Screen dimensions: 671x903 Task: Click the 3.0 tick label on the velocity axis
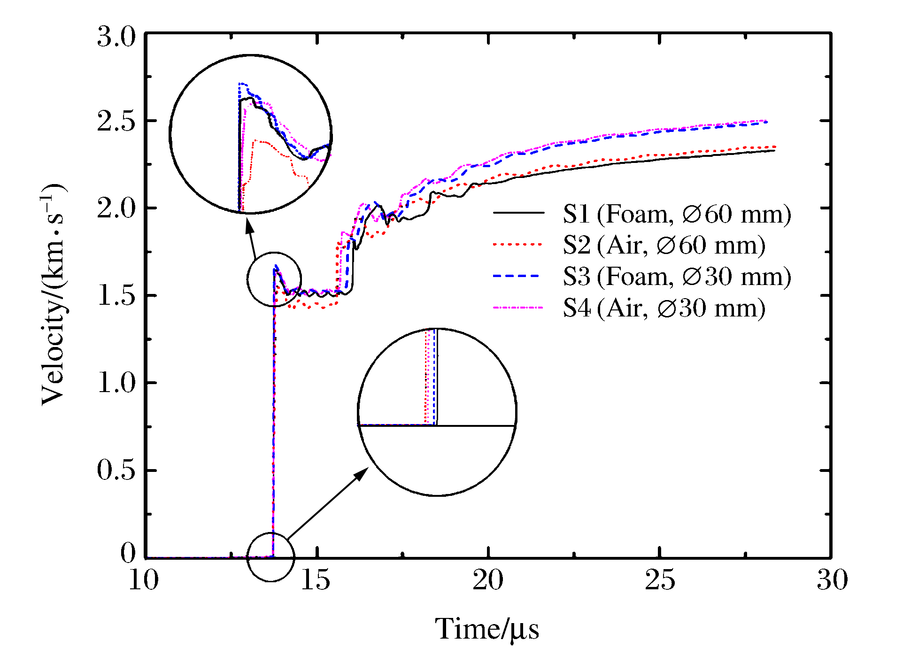(x=116, y=37)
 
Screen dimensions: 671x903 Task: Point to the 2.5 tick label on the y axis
(x=116, y=122)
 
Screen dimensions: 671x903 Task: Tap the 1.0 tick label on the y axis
(x=116, y=383)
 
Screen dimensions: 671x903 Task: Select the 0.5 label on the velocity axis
(x=116, y=470)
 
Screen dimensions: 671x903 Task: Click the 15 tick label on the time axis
(x=315, y=580)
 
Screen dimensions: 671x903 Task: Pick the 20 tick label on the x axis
(x=488, y=580)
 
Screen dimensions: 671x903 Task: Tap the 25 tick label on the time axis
(x=660, y=580)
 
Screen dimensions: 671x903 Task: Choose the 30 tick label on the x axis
(x=832, y=580)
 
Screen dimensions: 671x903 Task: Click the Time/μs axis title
(x=487, y=629)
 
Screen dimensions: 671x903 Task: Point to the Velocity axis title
(x=54, y=295)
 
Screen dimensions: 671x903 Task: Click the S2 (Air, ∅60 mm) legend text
(x=664, y=245)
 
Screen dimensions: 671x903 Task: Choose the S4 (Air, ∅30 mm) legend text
(x=664, y=309)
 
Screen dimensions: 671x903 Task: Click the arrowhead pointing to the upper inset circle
(x=250, y=226)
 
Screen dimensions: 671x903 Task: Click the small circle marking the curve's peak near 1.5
(x=274, y=279)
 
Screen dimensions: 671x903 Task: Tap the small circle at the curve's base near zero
(x=271, y=557)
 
